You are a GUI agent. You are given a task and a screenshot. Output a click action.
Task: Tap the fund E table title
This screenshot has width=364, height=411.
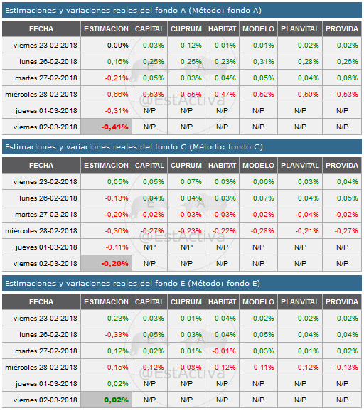[x=132, y=284]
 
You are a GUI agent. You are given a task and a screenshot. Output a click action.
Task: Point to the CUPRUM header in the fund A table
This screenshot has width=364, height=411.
[x=186, y=28]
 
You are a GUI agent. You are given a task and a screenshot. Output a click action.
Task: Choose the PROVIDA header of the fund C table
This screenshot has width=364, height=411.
[x=342, y=166]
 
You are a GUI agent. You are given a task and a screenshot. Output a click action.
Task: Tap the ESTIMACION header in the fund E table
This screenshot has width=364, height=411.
[x=106, y=302]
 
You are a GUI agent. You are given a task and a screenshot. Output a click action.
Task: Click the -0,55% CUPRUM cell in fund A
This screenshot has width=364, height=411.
[x=186, y=94]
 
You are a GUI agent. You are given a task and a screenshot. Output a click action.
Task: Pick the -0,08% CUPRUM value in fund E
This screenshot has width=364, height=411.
[x=186, y=368]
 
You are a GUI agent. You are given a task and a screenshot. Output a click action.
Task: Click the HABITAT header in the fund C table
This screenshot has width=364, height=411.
[x=222, y=166]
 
